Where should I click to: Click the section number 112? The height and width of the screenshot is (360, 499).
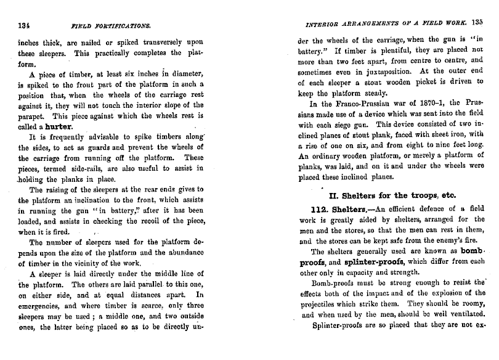(x=323, y=209)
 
